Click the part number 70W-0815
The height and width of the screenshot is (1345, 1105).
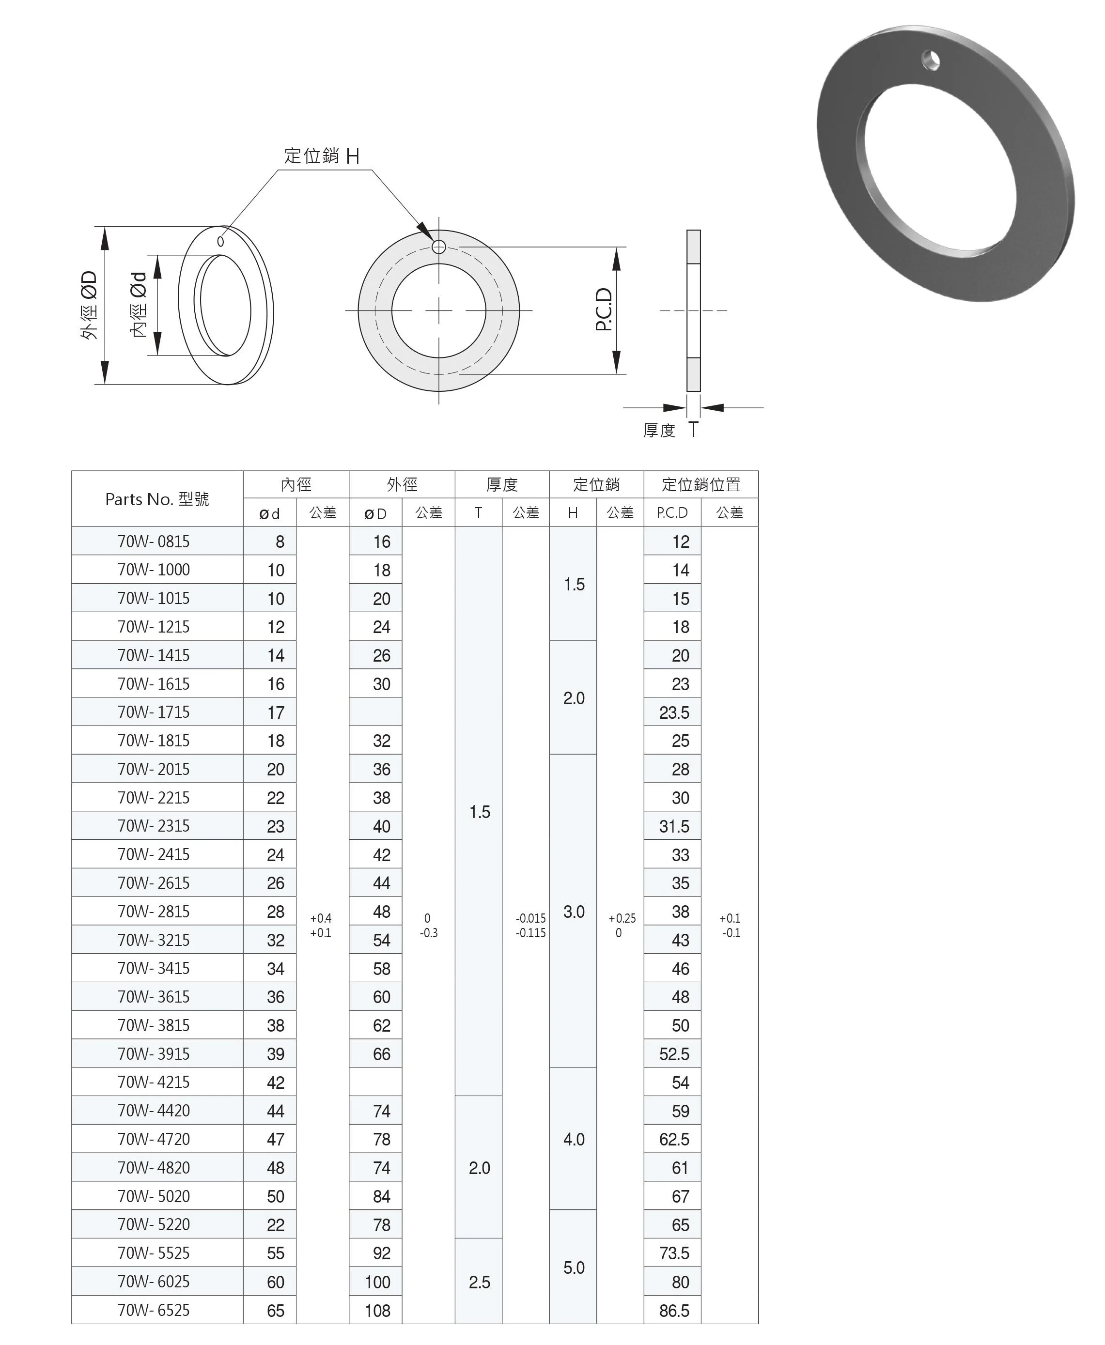click(154, 541)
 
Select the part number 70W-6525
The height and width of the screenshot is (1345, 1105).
click(154, 1310)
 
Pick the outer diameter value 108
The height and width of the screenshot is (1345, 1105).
click(377, 1310)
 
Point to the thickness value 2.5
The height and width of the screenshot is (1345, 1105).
click(479, 1282)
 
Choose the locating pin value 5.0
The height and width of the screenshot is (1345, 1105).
click(574, 1268)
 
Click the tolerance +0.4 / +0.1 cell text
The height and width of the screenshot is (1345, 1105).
click(321, 926)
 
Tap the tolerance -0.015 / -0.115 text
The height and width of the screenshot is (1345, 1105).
click(530, 926)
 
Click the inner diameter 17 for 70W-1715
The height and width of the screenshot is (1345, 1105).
click(276, 712)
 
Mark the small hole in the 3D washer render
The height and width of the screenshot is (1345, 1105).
click(931, 61)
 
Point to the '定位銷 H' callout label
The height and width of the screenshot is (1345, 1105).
click(322, 156)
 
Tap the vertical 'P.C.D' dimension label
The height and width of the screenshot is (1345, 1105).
click(604, 310)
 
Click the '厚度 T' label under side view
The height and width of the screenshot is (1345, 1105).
click(670, 430)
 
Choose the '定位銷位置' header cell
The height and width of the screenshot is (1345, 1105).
click(701, 484)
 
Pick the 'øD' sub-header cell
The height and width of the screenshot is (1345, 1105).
click(375, 513)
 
